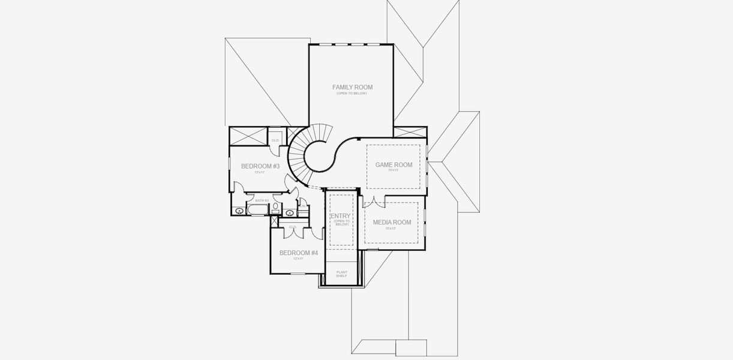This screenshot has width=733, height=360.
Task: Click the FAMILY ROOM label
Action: click(352, 87)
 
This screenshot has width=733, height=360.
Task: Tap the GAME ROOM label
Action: click(393, 164)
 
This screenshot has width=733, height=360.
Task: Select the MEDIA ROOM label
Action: click(392, 222)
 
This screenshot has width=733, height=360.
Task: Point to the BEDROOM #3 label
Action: click(260, 166)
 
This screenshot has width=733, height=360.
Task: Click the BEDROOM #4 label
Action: click(298, 253)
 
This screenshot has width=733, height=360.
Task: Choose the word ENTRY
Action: click(341, 215)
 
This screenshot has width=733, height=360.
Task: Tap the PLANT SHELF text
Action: click(342, 274)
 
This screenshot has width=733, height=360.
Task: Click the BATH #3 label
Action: click(262, 200)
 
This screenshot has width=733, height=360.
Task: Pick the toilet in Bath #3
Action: click(275, 208)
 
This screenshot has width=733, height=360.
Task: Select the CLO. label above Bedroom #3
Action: click(275, 140)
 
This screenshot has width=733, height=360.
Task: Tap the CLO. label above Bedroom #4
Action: click(293, 227)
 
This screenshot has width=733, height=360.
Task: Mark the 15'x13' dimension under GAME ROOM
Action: click(393, 170)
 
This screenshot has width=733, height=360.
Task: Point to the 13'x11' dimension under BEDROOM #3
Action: click(259, 172)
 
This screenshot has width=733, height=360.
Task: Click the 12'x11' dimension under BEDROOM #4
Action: click(298, 259)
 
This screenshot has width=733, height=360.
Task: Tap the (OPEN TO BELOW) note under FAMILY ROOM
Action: click(352, 93)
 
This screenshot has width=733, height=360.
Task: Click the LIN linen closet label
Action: click(304, 206)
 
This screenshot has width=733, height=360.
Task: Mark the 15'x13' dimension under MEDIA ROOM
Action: click(391, 228)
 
